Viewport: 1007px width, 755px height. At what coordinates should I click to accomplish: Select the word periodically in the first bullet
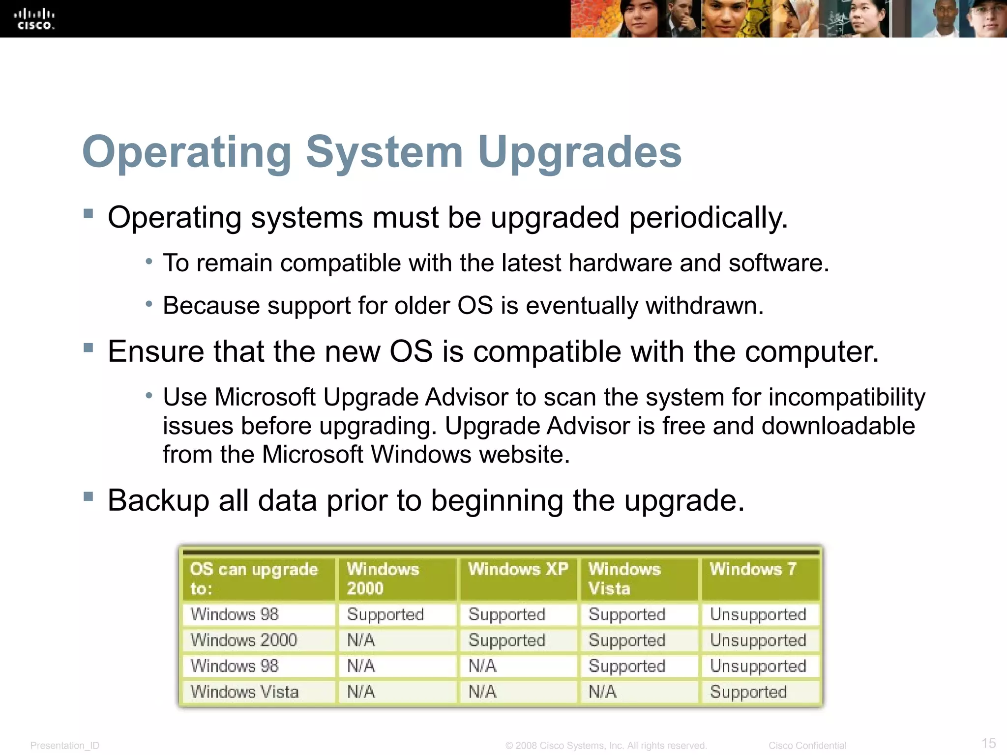point(708,218)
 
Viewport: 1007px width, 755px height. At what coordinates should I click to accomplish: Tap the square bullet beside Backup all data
point(89,496)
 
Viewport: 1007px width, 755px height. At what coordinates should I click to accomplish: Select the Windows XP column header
point(517,569)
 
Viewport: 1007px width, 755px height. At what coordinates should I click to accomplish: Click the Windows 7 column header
point(752,569)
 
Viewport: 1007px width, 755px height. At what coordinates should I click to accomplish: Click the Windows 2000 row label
point(243,640)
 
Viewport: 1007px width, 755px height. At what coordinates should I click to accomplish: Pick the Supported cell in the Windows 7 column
point(748,692)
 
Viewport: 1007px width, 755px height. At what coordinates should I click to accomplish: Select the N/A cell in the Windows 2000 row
point(361,640)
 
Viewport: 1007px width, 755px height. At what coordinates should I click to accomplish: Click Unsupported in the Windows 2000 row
point(758,640)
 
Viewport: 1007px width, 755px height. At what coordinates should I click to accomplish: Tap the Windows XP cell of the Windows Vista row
point(482,692)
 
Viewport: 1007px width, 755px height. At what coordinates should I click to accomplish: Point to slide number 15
point(988,743)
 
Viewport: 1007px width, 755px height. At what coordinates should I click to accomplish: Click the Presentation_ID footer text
point(65,746)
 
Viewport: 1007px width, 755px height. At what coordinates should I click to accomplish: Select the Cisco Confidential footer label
point(807,746)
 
